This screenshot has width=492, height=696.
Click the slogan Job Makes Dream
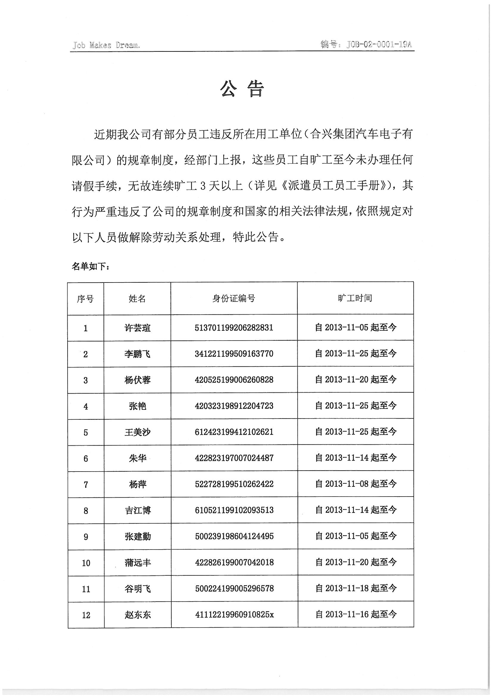point(106,46)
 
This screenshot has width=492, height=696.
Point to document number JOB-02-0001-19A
point(366,45)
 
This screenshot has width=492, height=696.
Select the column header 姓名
point(137,299)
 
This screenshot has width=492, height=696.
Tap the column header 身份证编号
point(234,299)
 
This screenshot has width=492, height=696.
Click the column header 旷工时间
point(355,298)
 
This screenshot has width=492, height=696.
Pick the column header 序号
point(85,299)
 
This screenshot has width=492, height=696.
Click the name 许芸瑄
point(137,328)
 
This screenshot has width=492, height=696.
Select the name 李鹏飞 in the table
point(137,354)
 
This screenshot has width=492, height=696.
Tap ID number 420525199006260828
point(234,380)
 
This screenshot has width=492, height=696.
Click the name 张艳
point(138,406)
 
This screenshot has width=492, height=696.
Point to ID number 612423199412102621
point(234,432)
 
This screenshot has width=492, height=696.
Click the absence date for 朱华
point(356,458)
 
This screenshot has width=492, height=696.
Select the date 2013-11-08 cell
point(356,484)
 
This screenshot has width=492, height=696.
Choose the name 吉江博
point(138,511)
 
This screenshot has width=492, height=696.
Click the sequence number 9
point(86,537)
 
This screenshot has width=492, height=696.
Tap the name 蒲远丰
point(138,563)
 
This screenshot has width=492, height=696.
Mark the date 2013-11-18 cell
point(356,589)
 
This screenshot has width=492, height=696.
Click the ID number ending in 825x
point(234,615)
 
